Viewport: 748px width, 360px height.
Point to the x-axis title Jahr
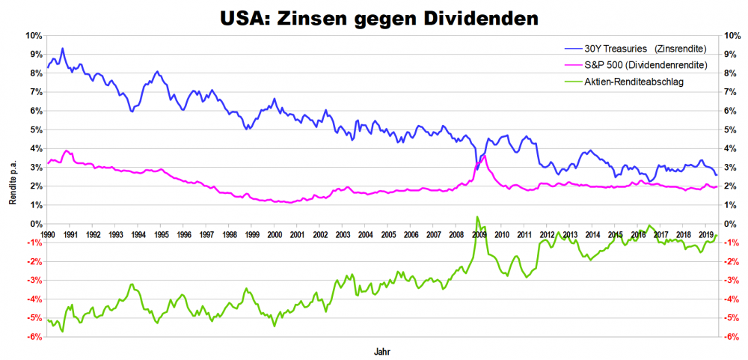(381, 350)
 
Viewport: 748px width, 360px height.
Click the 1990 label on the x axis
(47, 234)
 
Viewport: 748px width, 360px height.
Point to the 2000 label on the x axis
(275, 234)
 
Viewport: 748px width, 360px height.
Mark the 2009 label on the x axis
(479, 234)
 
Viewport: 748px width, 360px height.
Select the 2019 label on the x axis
(705, 234)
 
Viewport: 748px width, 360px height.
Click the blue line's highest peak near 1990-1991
(62, 49)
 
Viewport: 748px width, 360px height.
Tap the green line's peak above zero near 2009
(477, 217)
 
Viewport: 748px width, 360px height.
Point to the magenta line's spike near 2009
(484, 156)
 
